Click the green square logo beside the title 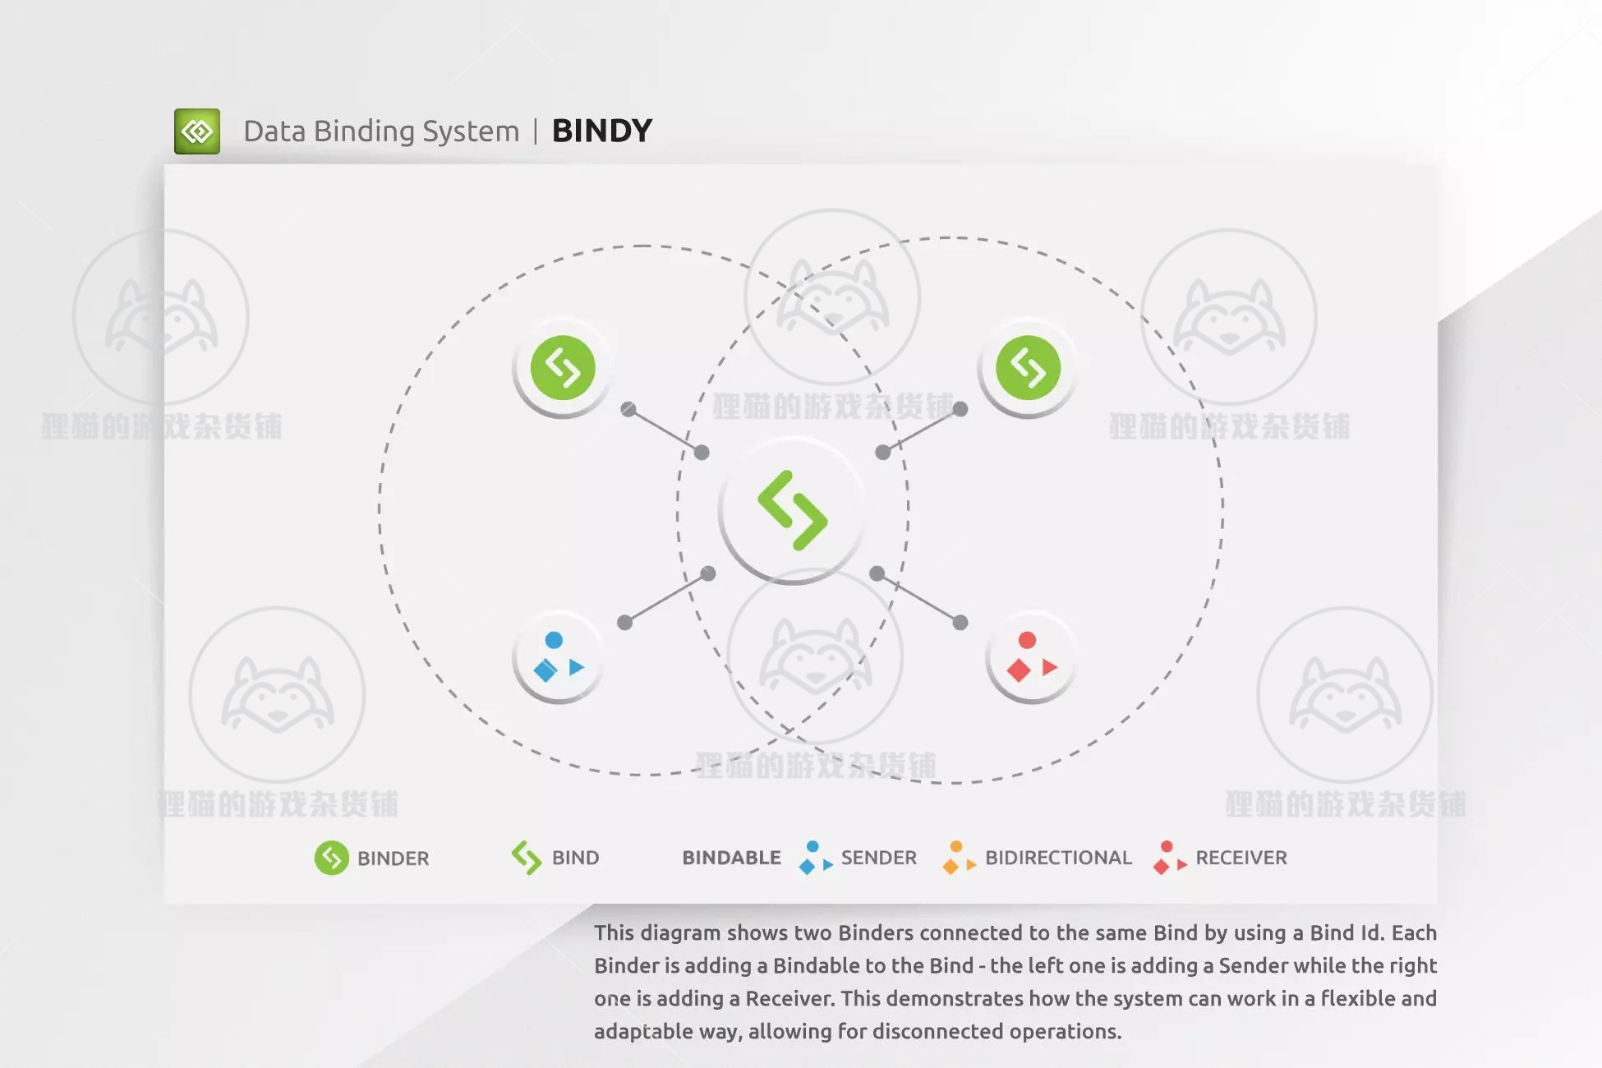tap(197, 131)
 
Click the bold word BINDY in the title tap(602, 131)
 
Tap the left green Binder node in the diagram tap(563, 368)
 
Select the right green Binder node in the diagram tap(1028, 368)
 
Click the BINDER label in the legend tap(393, 859)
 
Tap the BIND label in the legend tap(575, 858)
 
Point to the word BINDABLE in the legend tap(731, 858)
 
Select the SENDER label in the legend tap(878, 858)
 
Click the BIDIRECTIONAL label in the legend tap(1058, 858)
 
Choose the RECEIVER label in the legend tap(1241, 858)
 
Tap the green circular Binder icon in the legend tap(332, 859)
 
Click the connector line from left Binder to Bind tap(665, 430)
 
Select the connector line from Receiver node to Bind tap(918, 598)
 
